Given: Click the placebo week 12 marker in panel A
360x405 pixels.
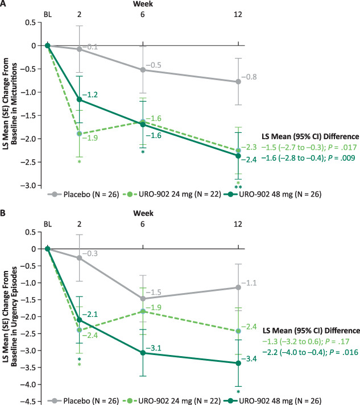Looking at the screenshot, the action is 238,82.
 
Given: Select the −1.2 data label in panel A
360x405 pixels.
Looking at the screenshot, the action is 90,95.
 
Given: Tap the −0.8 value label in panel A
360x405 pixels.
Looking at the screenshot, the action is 249,77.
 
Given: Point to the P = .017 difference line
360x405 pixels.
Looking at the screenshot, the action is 309,147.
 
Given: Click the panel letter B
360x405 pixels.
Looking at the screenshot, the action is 3,213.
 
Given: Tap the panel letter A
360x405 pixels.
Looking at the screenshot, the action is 3,3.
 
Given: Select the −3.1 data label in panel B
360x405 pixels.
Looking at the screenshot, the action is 154,348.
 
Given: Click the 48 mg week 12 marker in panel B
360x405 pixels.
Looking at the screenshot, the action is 238,363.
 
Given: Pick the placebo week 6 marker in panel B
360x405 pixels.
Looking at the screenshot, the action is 143,299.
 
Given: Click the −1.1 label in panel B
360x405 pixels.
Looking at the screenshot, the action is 249,283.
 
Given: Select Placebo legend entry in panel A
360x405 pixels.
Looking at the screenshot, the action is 83,194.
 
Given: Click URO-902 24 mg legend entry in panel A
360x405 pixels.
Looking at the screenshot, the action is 172,194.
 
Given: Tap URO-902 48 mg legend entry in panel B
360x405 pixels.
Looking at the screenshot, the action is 272,401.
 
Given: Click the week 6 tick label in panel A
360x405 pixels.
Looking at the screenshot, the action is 143,14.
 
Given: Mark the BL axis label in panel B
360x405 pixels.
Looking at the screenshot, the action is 48,224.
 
